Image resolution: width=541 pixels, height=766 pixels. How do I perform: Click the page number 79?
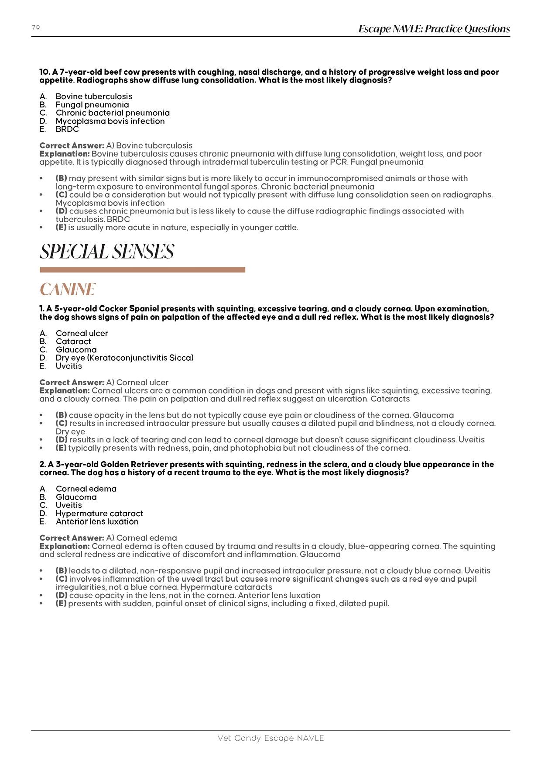point(36,28)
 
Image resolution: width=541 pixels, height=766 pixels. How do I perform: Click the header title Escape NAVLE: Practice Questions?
point(434,29)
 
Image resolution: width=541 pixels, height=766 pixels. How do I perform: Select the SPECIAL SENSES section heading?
point(107,252)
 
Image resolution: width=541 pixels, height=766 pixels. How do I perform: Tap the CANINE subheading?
point(68,290)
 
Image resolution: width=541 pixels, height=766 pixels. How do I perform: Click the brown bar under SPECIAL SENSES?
point(142,270)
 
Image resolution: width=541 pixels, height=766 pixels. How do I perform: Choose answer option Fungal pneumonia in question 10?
point(92,105)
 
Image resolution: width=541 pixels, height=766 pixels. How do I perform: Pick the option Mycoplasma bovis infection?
point(110,121)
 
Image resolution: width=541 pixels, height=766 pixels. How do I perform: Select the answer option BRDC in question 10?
point(67,129)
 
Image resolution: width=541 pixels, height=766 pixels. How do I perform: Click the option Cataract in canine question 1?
point(73,342)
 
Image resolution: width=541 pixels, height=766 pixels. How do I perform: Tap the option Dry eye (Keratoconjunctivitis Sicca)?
point(124,358)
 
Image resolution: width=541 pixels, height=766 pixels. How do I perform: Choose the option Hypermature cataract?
point(99,514)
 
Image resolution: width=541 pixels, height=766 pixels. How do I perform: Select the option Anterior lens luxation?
point(97,521)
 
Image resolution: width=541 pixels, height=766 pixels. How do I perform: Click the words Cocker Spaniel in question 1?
point(129,309)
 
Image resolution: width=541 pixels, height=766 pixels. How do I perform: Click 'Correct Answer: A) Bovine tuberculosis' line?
point(116,145)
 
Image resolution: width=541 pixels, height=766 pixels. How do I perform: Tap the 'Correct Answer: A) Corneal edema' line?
point(108,538)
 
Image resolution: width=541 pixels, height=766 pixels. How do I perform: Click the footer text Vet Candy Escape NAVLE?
point(270,738)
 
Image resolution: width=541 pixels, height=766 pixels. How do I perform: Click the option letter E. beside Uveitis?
point(43,366)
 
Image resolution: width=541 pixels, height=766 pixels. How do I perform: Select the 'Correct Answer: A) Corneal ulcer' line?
point(104,383)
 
